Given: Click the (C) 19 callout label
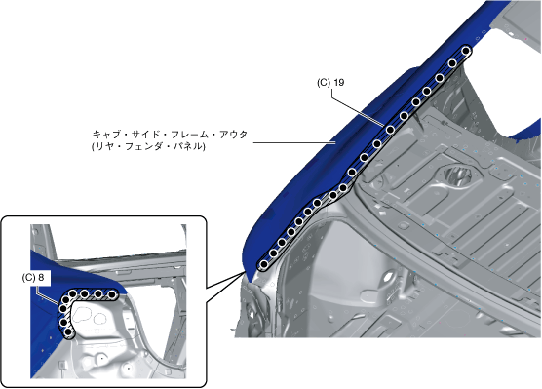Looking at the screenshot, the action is coord(330,83).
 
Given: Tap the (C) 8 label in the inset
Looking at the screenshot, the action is coord(33,278).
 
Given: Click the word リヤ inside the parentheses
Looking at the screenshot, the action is coord(104,146).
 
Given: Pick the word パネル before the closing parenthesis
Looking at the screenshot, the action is coord(188,146).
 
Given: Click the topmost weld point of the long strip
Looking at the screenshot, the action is coord(466,51).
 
